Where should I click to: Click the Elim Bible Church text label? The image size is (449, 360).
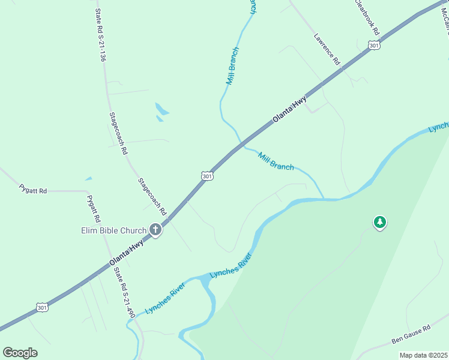pyautogui.click(x=114, y=230)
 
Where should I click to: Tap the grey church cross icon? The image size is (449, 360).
pyautogui.click(x=155, y=229)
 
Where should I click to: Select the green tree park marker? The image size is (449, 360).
pyautogui.click(x=379, y=223)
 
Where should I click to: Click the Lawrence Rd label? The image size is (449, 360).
pyautogui.click(x=327, y=49)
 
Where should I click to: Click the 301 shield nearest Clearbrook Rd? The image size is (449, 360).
pyautogui.click(x=374, y=46)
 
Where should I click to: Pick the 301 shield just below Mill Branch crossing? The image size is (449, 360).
pyautogui.click(x=206, y=176)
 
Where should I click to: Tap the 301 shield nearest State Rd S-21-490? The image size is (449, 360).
pyautogui.click(x=41, y=307)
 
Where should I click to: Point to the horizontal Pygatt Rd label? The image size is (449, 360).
pyautogui.click(x=32, y=190)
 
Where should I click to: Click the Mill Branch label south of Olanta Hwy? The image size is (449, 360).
pyautogui.click(x=276, y=161)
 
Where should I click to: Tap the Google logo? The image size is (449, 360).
pyautogui.click(x=20, y=353)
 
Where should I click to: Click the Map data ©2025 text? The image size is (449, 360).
pyautogui.click(x=423, y=355)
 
